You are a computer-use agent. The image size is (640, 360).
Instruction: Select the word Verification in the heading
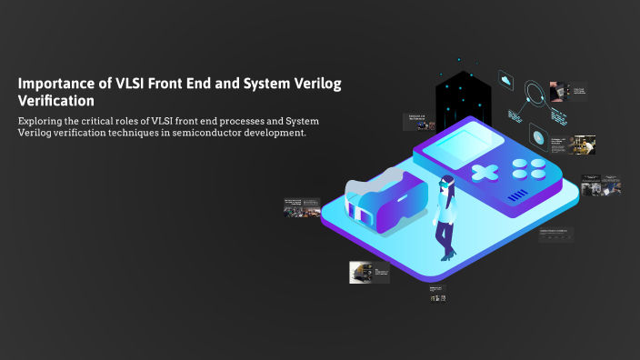point(56,101)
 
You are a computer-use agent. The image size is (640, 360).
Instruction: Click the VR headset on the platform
point(385,202)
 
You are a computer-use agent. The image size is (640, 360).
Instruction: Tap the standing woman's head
point(445,181)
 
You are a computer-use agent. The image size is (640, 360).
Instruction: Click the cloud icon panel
point(506,81)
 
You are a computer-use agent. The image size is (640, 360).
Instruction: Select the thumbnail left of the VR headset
point(302,206)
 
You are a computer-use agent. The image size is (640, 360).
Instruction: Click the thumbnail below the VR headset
point(369,272)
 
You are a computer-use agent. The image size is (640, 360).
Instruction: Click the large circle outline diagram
point(536,93)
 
